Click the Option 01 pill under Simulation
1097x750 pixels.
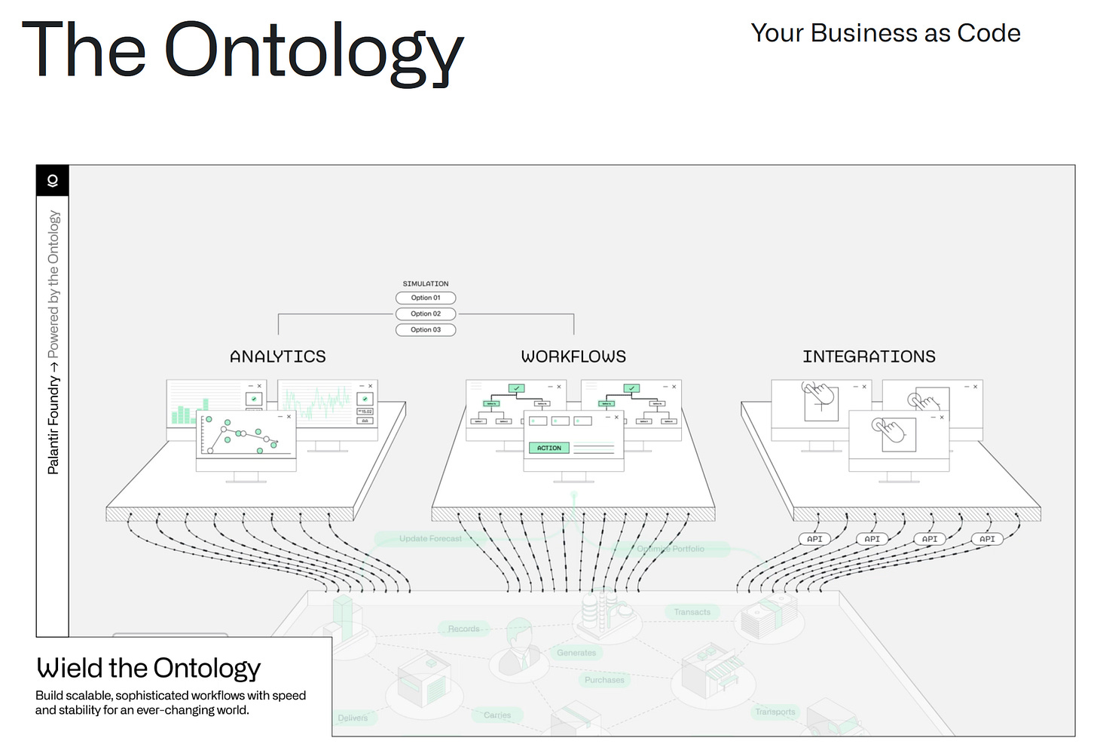(426, 298)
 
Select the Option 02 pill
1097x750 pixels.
(426, 314)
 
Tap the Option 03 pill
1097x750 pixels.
(426, 329)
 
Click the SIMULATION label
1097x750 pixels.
(426, 283)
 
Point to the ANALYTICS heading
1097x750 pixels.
(278, 357)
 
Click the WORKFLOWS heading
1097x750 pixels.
(573, 357)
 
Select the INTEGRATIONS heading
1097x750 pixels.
(869, 357)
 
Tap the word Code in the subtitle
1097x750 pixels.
(989, 33)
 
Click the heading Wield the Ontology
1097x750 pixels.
(148, 668)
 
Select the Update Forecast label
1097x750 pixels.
(430, 538)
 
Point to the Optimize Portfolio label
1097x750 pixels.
(671, 549)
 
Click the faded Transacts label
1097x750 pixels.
(692, 612)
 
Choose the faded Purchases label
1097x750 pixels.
(604, 680)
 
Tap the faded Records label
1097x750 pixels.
(463, 629)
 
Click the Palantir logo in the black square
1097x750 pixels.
(53, 181)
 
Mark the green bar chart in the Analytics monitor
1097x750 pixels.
(182, 414)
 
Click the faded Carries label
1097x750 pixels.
(497, 715)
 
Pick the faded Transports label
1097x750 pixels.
(775, 712)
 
